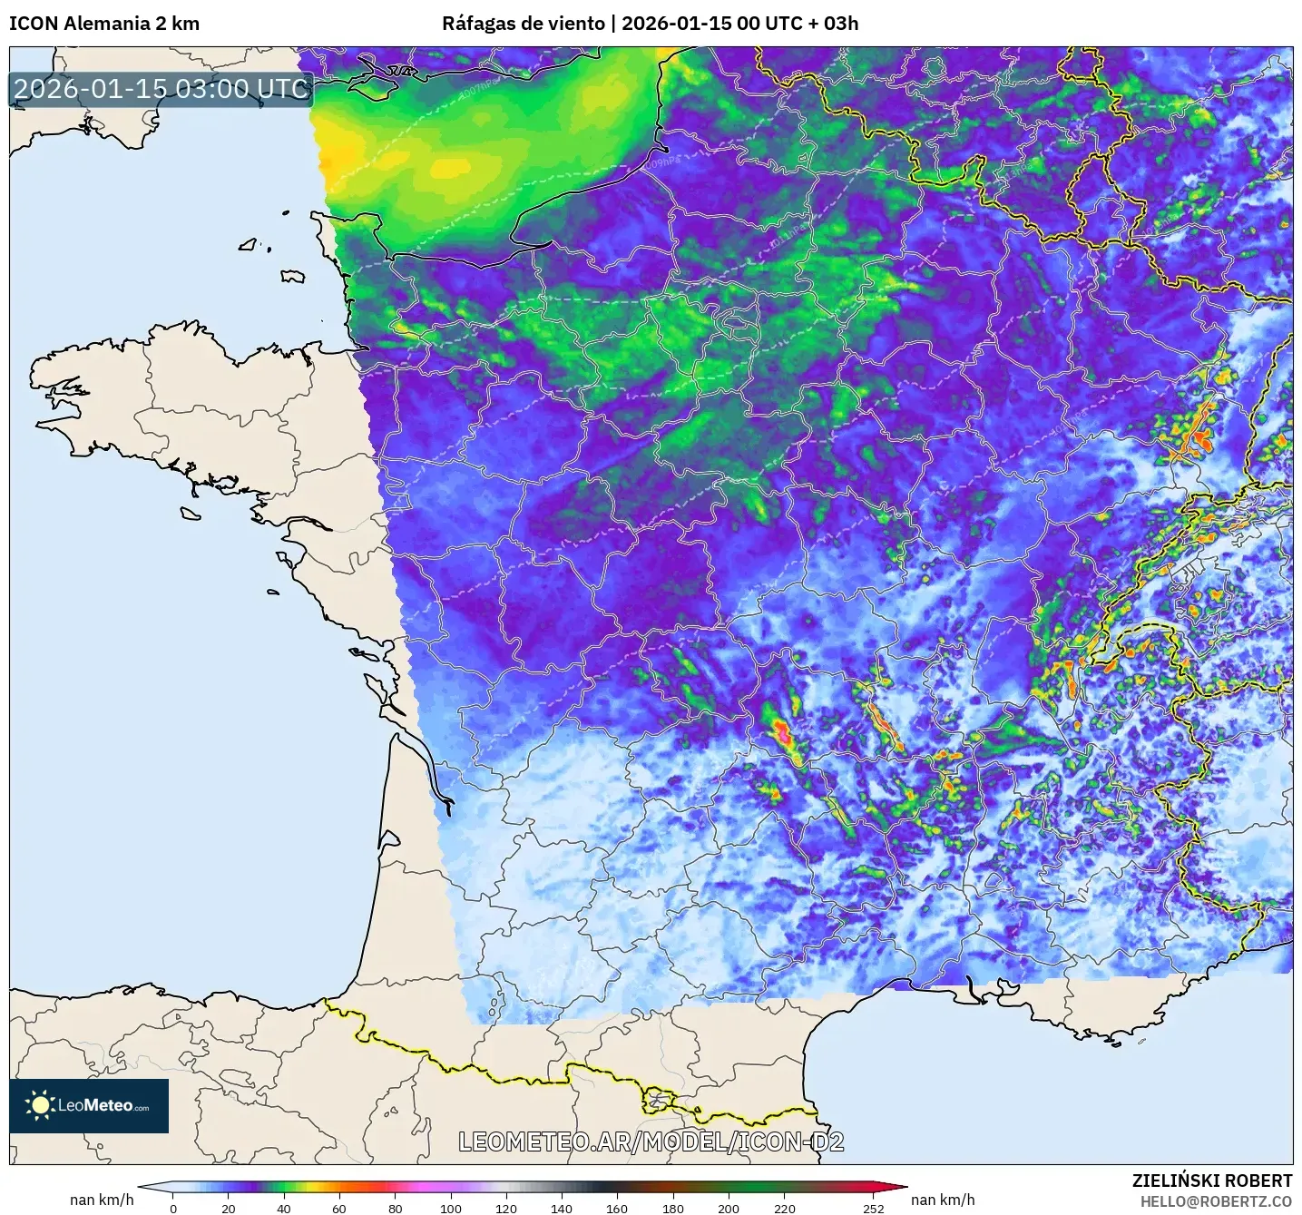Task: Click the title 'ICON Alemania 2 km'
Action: (x=103, y=24)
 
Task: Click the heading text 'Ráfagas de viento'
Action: (x=523, y=24)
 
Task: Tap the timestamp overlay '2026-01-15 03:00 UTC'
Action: (x=161, y=89)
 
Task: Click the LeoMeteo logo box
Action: (x=89, y=1105)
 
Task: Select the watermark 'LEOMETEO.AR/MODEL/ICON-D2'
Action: (x=651, y=1142)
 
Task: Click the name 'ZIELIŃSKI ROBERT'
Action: (x=1211, y=1181)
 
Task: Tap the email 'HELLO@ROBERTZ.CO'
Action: (x=1215, y=1201)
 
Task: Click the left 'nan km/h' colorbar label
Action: (x=102, y=1200)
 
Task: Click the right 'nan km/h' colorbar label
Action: (x=943, y=1200)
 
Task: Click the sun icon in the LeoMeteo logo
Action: (x=40, y=1105)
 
